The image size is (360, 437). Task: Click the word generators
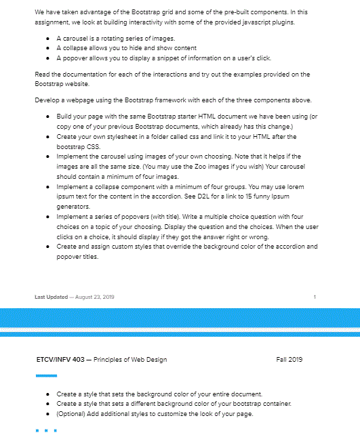(73, 205)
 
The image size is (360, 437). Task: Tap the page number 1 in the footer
(315, 297)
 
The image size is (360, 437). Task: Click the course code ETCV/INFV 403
(60, 359)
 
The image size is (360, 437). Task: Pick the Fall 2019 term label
(289, 359)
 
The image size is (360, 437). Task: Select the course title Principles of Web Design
(131, 359)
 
